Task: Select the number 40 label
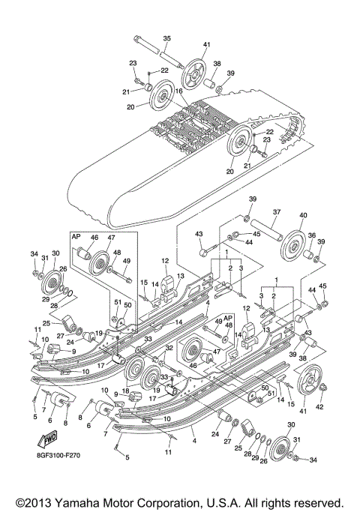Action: [303, 215]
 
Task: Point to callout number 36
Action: [311, 235]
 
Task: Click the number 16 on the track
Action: [178, 91]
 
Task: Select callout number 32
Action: [170, 349]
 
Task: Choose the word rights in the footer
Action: [275, 501]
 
